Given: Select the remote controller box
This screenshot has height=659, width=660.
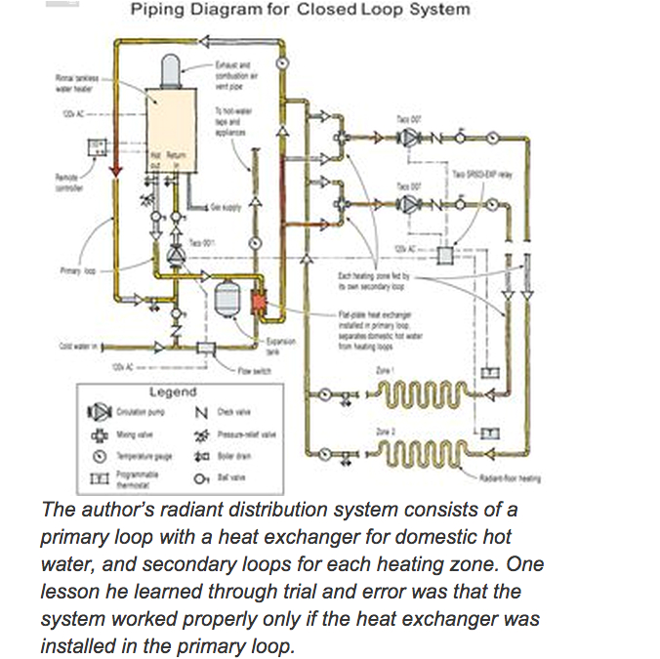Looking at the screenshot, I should point(99,147).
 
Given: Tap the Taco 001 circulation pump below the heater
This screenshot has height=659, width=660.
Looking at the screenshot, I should point(175,254).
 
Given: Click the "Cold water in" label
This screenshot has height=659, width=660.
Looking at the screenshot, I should point(79,345).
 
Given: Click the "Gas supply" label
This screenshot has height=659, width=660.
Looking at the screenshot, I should point(226,208).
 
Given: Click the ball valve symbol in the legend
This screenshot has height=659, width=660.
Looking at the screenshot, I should point(201,478).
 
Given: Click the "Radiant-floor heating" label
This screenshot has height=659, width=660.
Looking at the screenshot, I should point(510,478).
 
